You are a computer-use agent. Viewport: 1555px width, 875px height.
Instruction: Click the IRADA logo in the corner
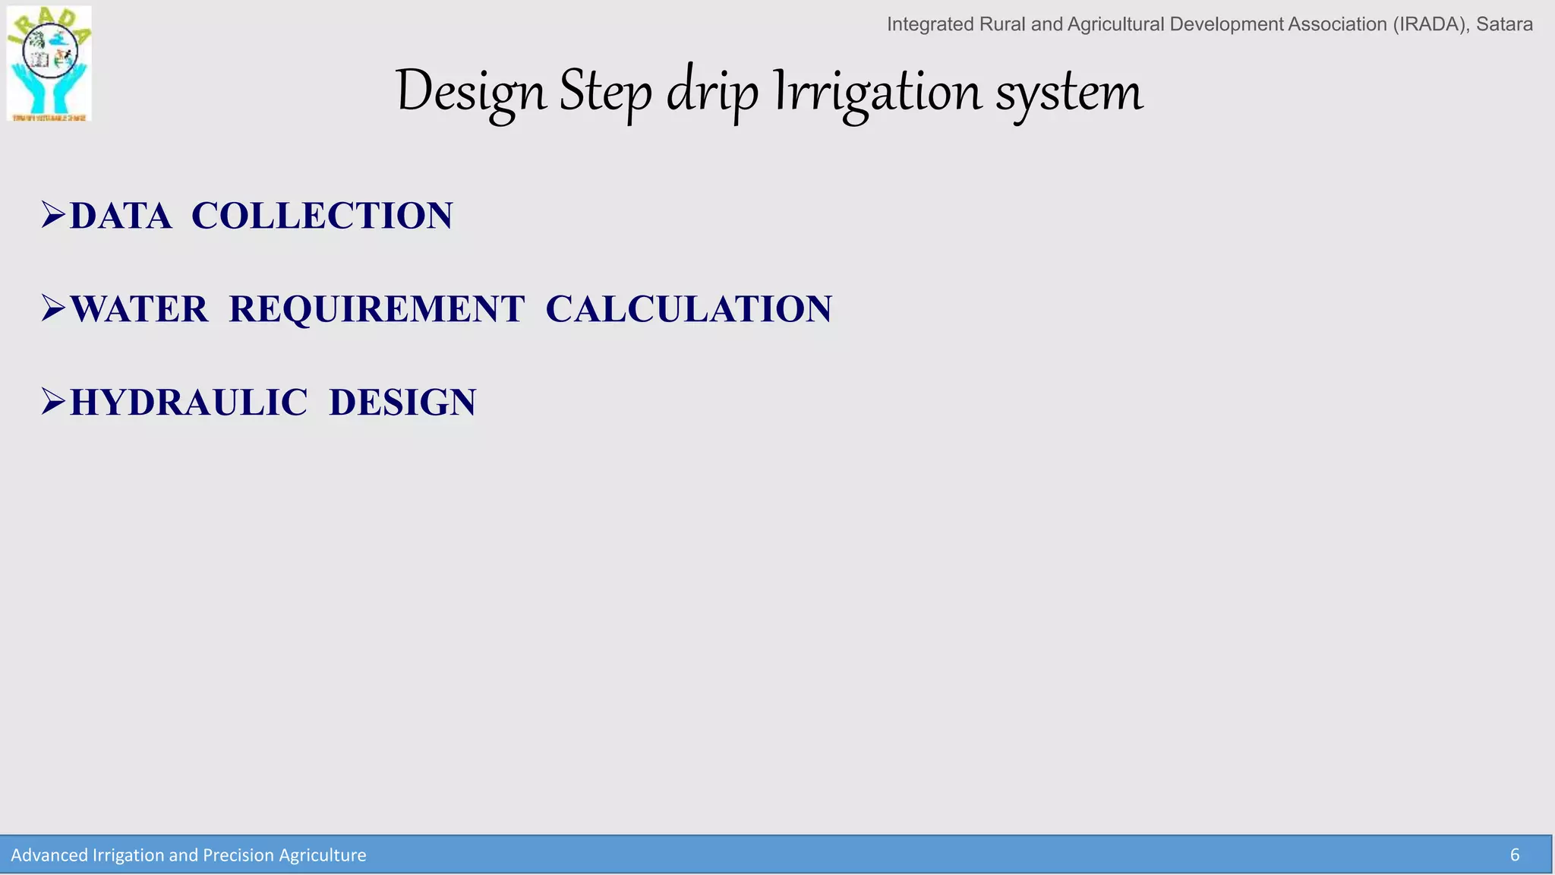[x=49, y=64]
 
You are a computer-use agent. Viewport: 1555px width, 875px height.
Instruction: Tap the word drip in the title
[x=712, y=93]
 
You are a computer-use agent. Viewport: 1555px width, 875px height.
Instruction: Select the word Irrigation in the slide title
[x=878, y=93]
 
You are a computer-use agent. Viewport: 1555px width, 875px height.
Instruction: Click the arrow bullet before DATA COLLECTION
[x=54, y=215]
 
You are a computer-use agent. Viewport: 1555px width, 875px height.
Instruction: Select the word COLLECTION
[x=322, y=216]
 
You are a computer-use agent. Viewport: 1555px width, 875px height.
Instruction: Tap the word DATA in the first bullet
[x=121, y=216]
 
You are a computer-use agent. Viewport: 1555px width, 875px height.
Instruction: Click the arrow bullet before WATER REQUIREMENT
[x=54, y=308]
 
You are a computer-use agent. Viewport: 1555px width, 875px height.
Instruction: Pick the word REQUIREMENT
[x=377, y=309]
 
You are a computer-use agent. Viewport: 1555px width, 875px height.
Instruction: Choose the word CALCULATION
[x=689, y=309]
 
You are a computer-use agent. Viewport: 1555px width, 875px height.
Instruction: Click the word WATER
[x=139, y=309]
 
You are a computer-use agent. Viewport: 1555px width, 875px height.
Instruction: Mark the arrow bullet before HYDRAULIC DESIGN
[x=54, y=402]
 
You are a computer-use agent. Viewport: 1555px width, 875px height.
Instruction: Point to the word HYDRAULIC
[x=188, y=403]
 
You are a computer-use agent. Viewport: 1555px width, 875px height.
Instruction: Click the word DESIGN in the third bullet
[x=402, y=403]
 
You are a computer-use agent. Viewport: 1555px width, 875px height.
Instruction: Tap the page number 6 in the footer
[x=1514, y=855]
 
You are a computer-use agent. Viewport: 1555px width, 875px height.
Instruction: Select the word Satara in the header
[x=1503, y=24]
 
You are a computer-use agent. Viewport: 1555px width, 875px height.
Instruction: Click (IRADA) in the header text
[x=1430, y=24]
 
